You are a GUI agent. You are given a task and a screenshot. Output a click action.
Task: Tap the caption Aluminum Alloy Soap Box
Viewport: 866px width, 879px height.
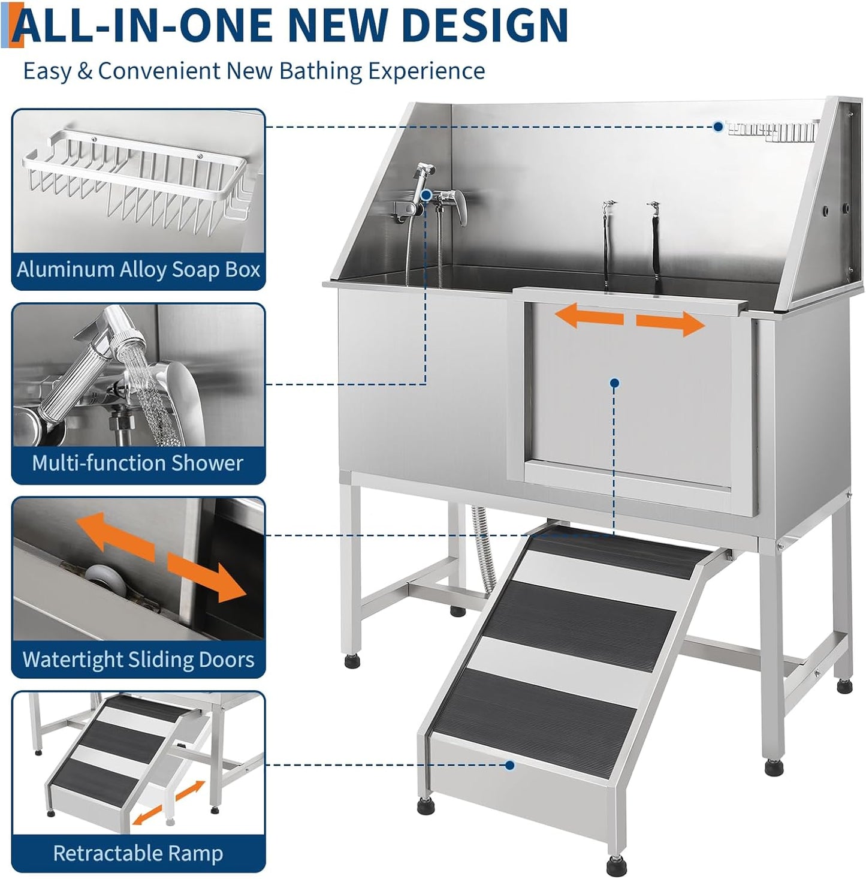[x=138, y=270]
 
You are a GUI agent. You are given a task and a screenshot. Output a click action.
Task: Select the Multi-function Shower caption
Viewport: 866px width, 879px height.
[x=138, y=463]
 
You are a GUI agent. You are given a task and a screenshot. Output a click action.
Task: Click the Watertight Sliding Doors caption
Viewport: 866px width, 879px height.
[x=138, y=660]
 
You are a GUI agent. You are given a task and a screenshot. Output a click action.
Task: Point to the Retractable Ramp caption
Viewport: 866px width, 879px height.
[x=138, y=853]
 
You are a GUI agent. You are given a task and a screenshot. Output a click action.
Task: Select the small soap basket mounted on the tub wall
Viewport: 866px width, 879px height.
[x=773, y=131]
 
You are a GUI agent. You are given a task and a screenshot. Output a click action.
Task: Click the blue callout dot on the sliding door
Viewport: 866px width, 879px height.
[x=615, y=383]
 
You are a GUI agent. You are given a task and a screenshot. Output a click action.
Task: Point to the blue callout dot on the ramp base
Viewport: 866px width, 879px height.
[x=510, y=765]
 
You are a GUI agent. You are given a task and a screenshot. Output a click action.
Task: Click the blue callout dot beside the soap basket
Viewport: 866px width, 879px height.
[x=718, y=127]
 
